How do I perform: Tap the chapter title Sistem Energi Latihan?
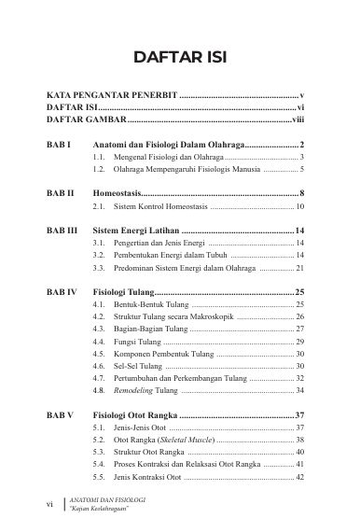(x=145, y=230)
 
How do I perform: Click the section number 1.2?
(x=99, y=171)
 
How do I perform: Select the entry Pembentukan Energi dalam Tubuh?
(x=170, y=255)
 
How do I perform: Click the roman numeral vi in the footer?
(x=50, y=505)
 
